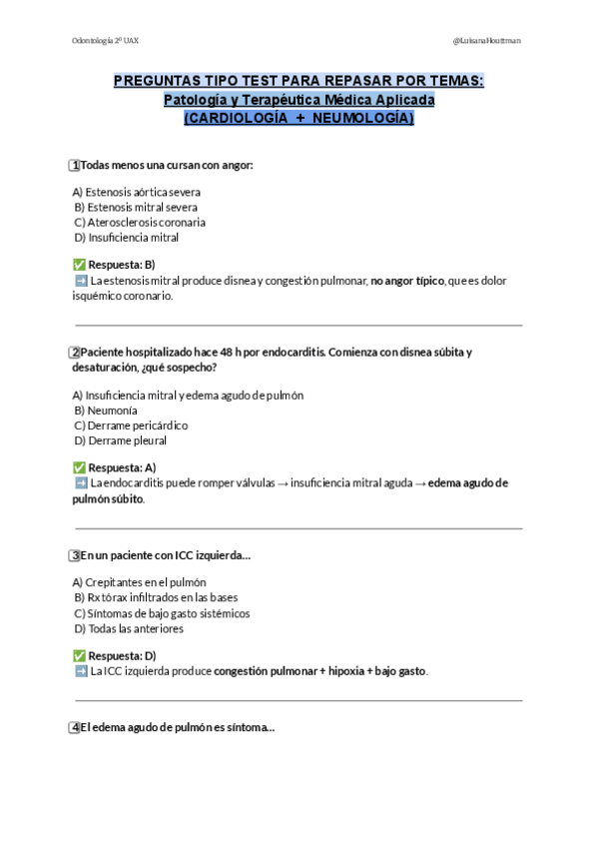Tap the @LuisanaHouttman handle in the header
pyautogui.click(x=486, y=40)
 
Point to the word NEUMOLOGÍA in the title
pyautogui.click(x=360, y=118)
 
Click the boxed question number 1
pyautogui.click(x=75, y=165)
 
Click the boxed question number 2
pyautogui.click(x=75, y=352)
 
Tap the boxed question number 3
pyautogui.click(x=75, y=555)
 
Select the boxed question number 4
pyautogui.click(x=75, y=728)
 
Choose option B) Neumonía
pyautogui.click(x=106, y=411)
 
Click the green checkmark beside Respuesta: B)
pyautogui.click(x=79, y=265)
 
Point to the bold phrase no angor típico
pyautogui.click(x=407, y=282)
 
